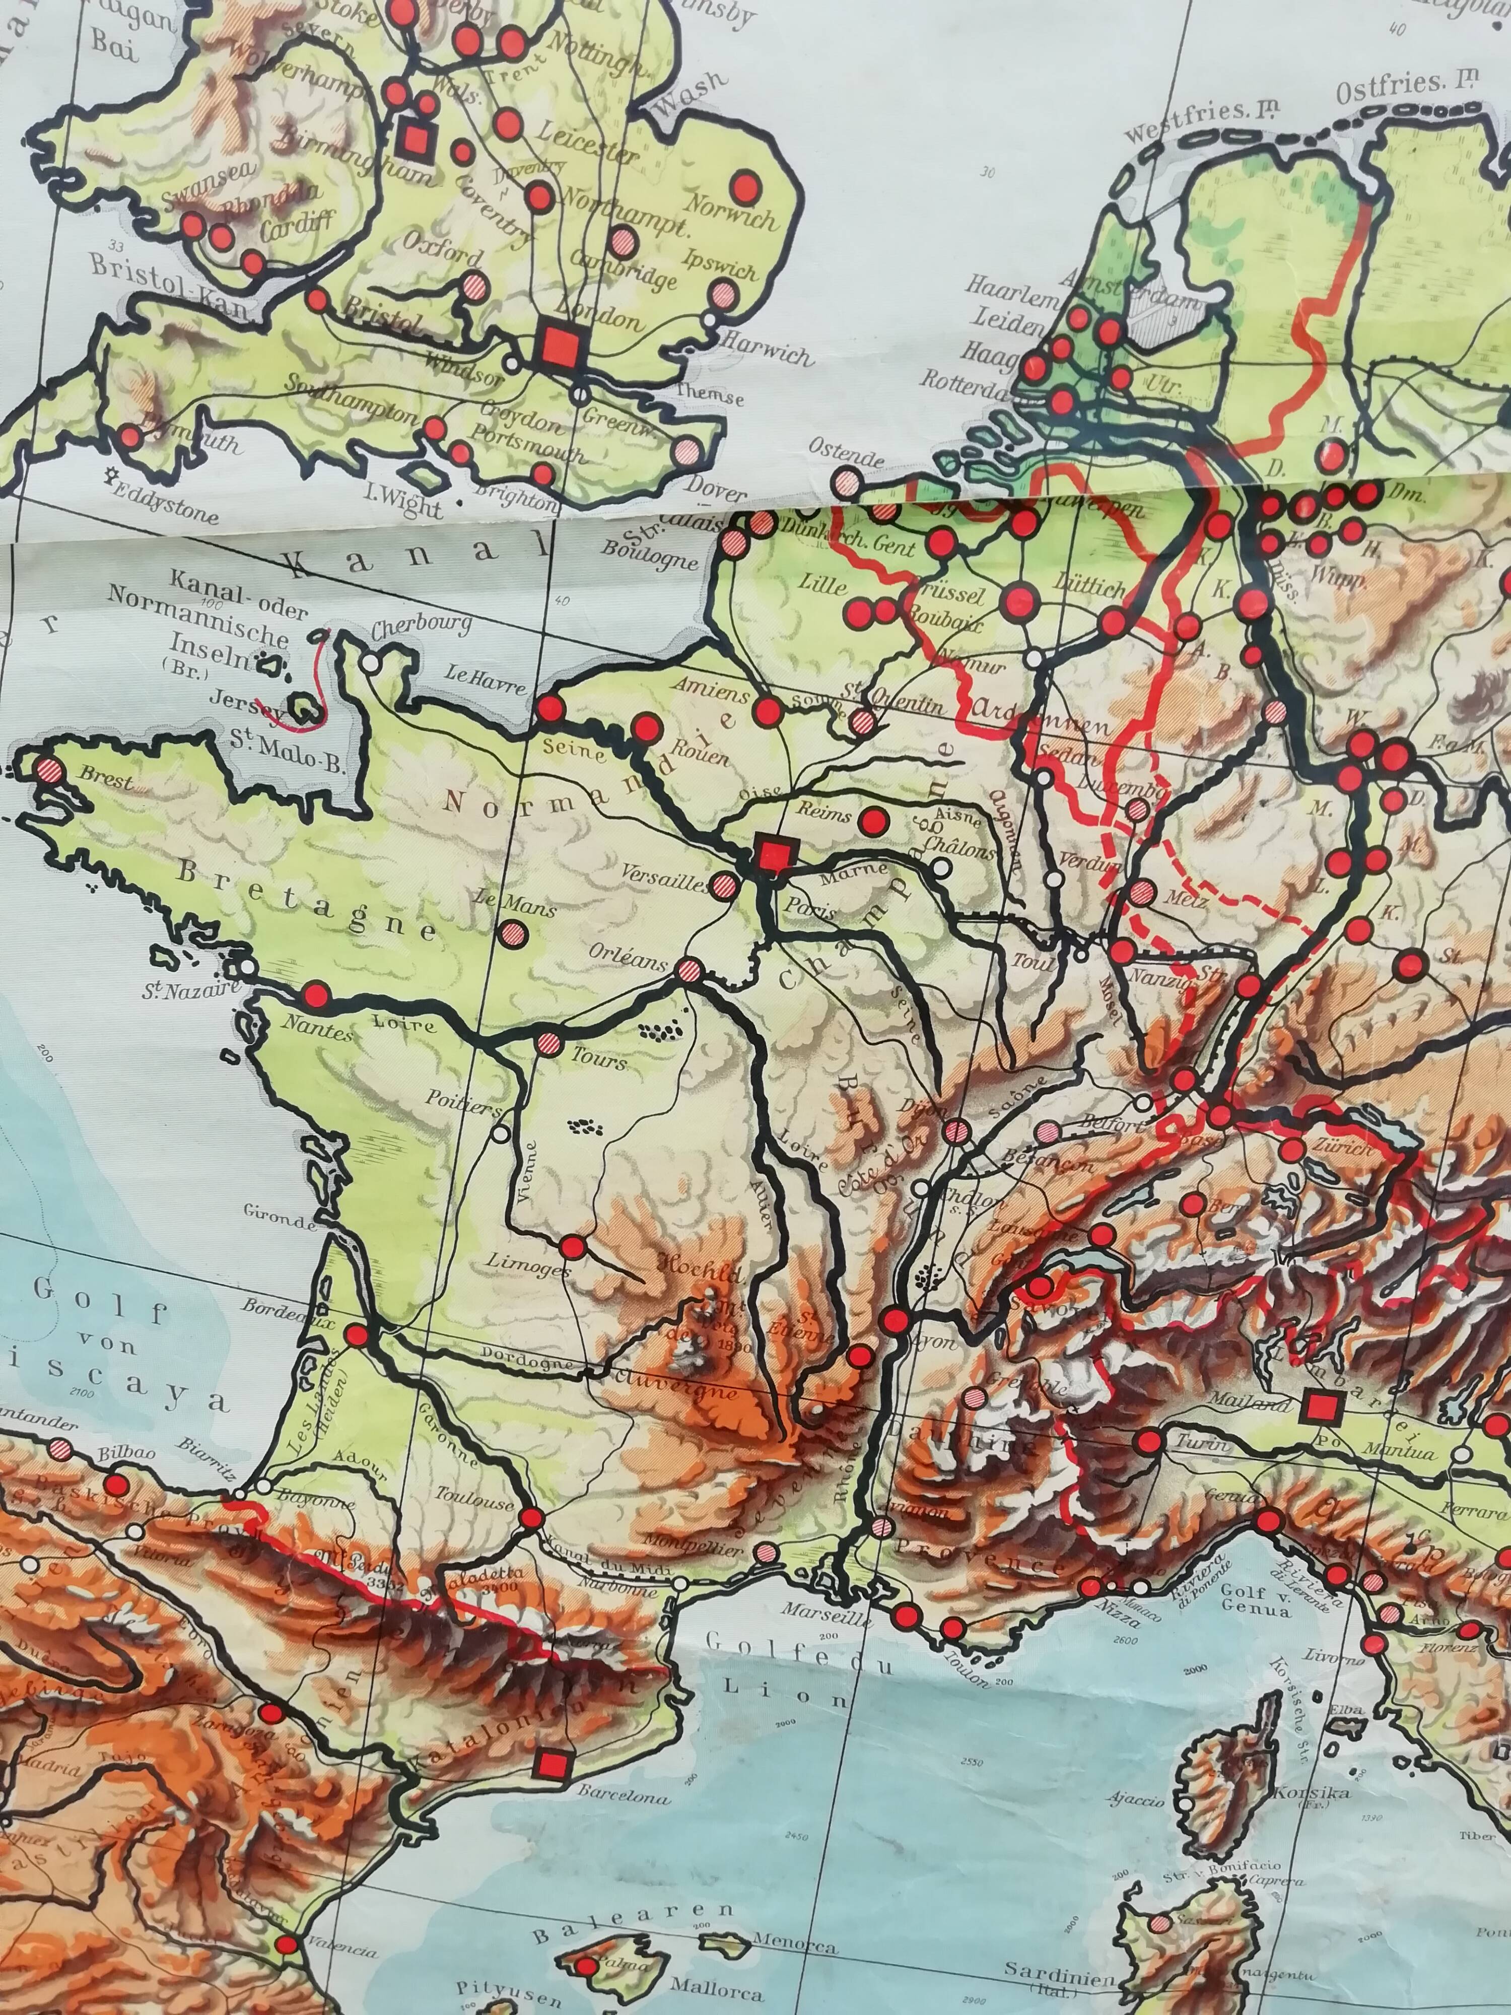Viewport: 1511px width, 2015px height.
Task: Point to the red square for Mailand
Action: tap(1317, 1407)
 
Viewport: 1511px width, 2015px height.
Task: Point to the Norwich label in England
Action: tap(734, 212)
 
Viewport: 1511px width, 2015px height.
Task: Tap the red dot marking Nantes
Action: tap(316, 994)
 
